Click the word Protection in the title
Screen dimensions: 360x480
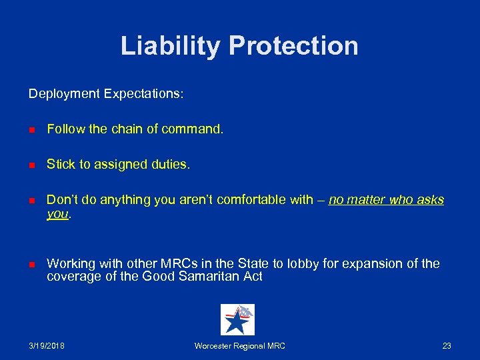point(293,46)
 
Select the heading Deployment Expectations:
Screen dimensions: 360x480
point(106,94)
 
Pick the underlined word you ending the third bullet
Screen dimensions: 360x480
point(57,214)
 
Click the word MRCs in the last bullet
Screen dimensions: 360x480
point(170,263)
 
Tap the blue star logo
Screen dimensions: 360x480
point(237,319)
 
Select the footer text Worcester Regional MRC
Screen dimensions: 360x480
point(239,346)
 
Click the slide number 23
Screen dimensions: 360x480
point(446,346)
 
